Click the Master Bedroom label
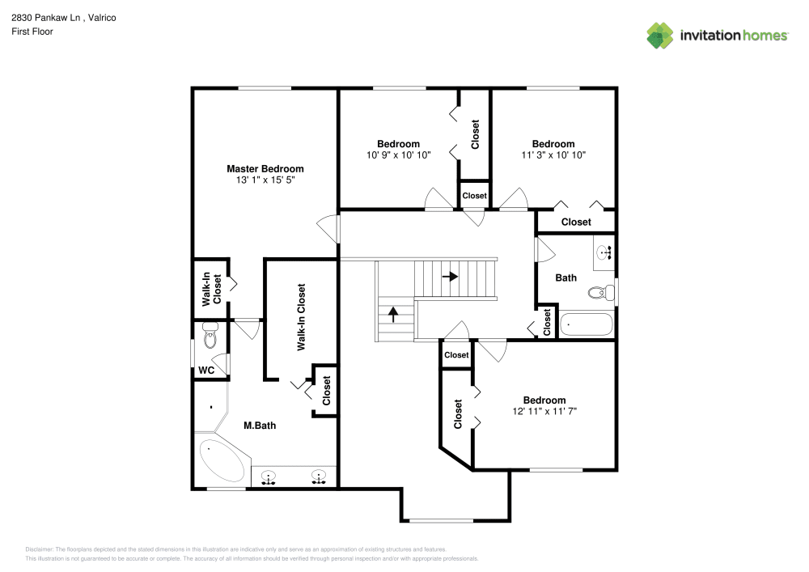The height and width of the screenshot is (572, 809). (265, 168)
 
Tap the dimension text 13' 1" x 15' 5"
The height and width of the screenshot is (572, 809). (265, 180)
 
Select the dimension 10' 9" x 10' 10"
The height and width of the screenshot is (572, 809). (398, 155)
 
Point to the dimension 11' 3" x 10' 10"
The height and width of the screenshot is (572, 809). (553, 155)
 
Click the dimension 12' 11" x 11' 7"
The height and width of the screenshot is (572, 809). (544, 411)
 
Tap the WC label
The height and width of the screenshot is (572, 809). (206, 371)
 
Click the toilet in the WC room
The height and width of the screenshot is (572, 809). (210, 335)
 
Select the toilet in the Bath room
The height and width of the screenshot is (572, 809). (602, 293)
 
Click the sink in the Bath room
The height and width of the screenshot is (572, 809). (604, 252)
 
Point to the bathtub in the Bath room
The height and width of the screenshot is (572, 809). (586, 324)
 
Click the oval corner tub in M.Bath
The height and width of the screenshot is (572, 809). (222, 460)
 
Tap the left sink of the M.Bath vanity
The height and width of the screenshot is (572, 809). (269, 477)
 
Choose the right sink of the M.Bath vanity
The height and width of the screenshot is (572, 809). (319, 477)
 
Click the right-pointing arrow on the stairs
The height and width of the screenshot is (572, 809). (450, 277)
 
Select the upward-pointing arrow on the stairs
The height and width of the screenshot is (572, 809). (394, 314)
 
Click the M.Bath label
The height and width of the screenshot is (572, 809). (260, 426)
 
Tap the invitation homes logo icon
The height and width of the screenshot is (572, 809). (660, 36)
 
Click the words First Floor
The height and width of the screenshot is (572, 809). (32, 32)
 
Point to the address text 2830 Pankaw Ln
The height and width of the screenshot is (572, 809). (46, 18)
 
